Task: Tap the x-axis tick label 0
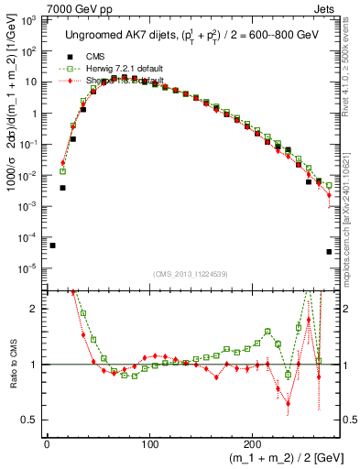[47, 445]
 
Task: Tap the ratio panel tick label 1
[35, 365]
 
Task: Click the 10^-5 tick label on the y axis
[27, 268]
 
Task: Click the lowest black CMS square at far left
[52, 245]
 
